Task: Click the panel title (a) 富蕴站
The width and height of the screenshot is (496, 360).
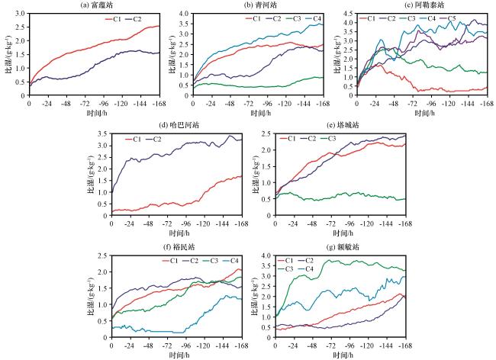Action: [x=95, y=6]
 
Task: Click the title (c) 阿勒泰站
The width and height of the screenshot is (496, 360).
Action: [x=423, y=6]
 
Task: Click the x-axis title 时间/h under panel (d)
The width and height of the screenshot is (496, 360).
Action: [x=177, y=231]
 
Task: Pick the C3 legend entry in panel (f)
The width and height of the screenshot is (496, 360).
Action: [x=211, y=260]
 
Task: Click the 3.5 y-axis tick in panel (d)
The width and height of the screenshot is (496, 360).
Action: [x=104, y=133]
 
